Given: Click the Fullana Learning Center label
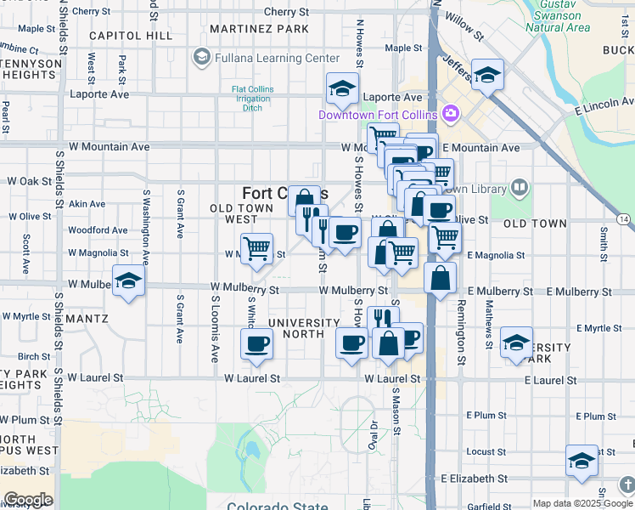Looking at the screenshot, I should (265, 58).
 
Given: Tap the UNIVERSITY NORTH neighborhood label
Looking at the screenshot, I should (296, 328).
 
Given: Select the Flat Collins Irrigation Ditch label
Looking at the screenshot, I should (251, 99).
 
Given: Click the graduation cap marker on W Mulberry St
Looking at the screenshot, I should (127, 280).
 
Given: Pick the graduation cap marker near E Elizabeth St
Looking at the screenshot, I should (582, 462).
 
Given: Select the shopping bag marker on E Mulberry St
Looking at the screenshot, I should (440, 278).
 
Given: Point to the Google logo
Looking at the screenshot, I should (28, 500).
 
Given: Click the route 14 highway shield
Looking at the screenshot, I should (624, 219).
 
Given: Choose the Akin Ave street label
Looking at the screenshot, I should (87, 204).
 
